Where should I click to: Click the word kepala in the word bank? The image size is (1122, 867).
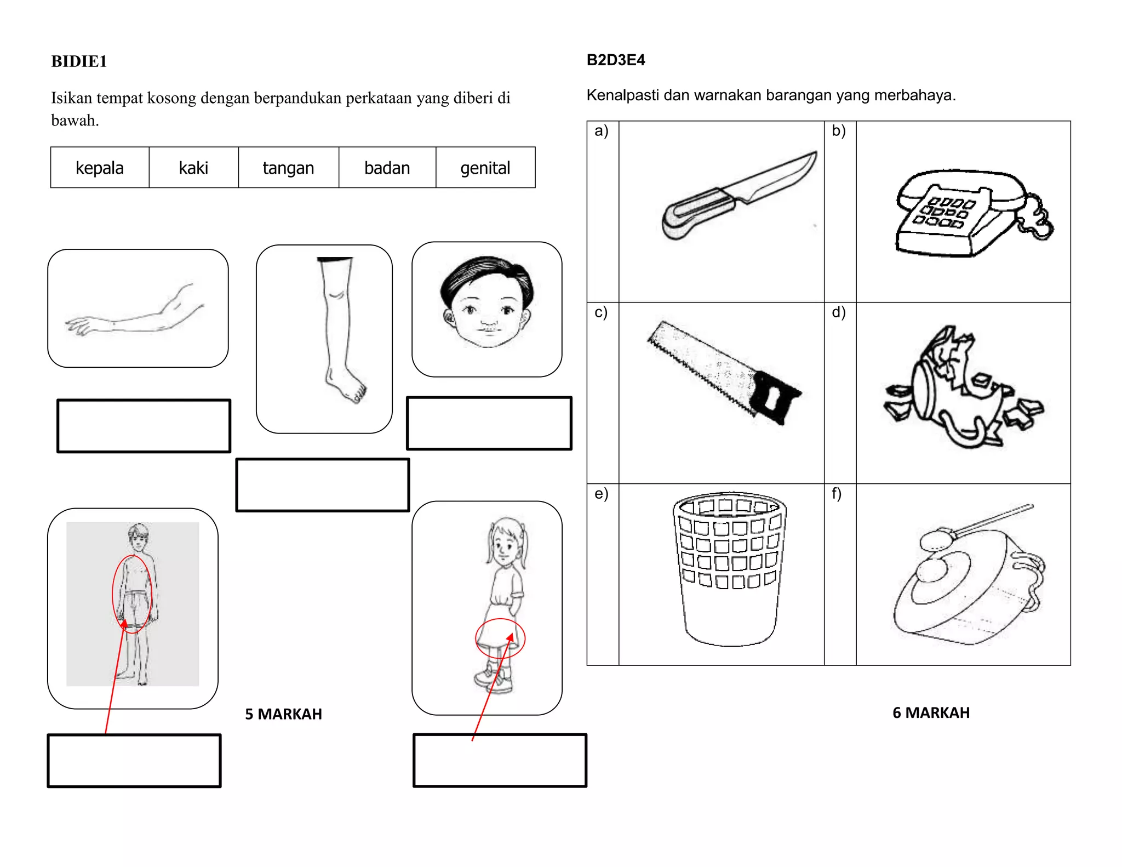pos(100,168)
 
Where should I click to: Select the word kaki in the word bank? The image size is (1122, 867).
pos(193,168)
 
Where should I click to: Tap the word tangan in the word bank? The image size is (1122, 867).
pos(288,168)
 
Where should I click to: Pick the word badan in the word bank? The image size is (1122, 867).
pos(387,168)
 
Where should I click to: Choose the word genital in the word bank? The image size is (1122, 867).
pos(485,168)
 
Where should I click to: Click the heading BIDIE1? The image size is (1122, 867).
pos(79,61)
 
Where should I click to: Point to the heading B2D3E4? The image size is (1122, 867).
pos(616,60)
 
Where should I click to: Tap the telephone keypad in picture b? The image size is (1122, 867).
pos(943,213)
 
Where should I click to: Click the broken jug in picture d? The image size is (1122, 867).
pos(963,387)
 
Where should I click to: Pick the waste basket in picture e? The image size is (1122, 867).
pos(730,569)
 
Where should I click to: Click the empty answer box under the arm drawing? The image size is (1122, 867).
pos(144,426)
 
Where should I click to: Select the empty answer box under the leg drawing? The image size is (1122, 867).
pos(323,485)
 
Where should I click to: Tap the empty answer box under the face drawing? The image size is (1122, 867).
pos(489,423)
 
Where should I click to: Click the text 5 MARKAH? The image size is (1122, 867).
pos(283,714)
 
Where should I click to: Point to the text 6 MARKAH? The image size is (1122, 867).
pos(931,712)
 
